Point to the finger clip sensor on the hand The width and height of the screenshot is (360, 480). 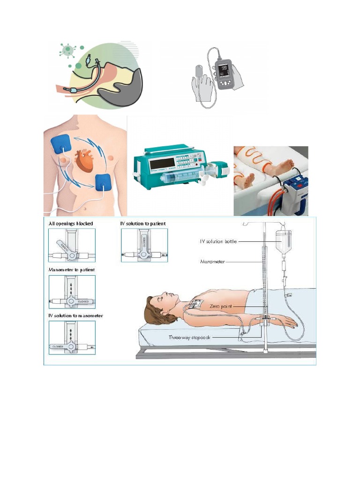tap(199, 72)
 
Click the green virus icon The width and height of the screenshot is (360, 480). tap(68, 49)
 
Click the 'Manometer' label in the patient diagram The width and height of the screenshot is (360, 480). tap(212, 262)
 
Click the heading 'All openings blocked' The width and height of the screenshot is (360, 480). tap(70, 224)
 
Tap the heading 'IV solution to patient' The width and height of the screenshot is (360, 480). tap(143, 224)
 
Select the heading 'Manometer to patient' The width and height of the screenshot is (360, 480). tap(72, 270)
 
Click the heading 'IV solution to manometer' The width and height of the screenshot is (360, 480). tap(75, 315)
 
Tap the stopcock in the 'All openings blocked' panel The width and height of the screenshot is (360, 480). tap(71, 251)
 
